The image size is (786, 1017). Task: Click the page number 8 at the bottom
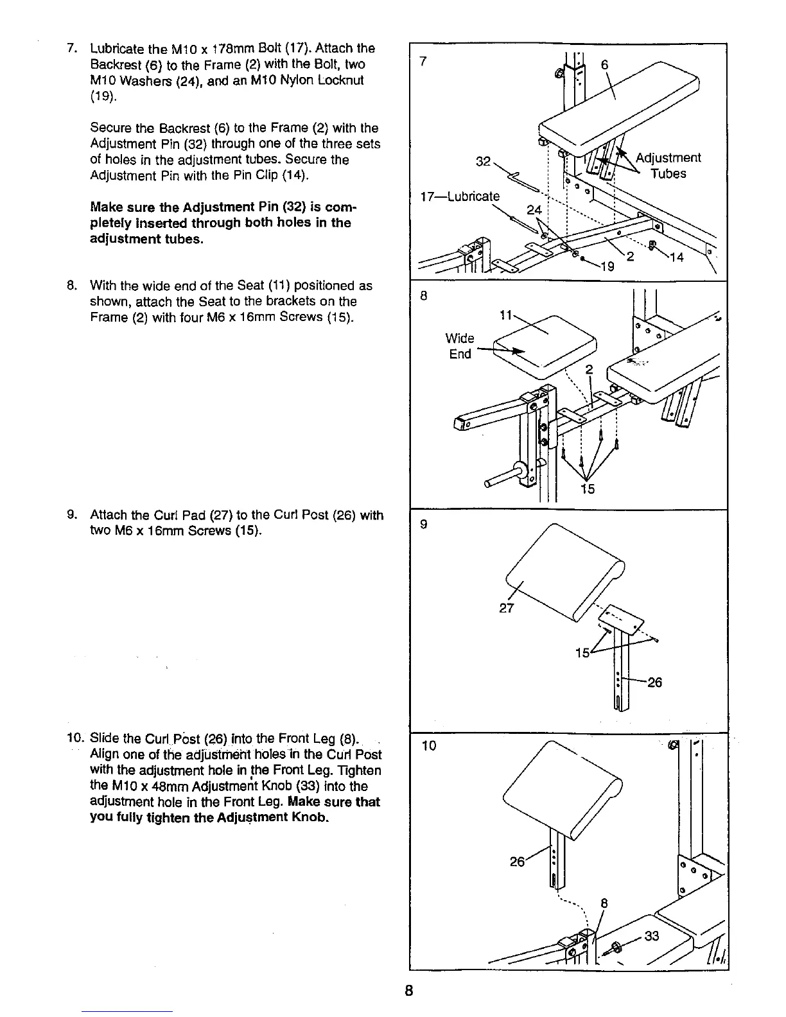(408, 989)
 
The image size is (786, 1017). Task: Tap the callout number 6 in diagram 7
(604, 65)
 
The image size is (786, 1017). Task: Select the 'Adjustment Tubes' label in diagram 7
(668, 166)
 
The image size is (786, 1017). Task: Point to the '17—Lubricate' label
(458, 196)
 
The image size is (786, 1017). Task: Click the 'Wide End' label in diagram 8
(460, 346)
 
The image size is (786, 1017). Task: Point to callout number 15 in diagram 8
(587, 489)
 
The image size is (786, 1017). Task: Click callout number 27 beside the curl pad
(506, 607)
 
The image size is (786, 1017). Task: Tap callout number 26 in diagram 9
(654, 682)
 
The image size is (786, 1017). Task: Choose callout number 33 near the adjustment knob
(651, 936)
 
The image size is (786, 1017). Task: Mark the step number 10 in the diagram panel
(429, 745)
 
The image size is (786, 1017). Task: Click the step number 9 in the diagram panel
(423, 525)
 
